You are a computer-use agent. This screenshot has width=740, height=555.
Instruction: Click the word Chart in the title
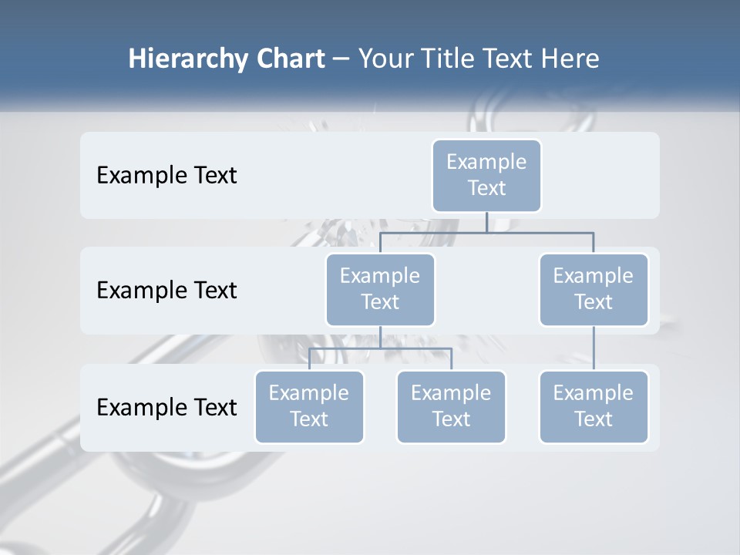pos(290,59)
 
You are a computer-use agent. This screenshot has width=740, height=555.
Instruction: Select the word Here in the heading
pos(570,59)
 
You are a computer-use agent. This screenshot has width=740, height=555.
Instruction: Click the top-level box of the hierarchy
pos(486,176)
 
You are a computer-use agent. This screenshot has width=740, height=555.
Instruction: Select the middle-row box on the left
pos(380,290)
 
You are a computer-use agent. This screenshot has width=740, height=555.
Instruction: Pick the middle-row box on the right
pos(594,290)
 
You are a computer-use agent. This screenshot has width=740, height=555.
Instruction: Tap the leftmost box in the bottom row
pos(309,407)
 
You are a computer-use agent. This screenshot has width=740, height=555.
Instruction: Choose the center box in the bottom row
pos(451,407)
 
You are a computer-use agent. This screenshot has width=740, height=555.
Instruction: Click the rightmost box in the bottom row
pos(594,407)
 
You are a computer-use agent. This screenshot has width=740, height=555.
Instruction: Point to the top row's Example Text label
pos(166,176)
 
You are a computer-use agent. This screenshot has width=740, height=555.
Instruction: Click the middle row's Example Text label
pos(166,291)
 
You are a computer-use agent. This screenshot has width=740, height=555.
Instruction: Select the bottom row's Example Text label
pos(166,407)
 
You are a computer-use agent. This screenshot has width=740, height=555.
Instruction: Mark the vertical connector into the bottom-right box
pos(594,348)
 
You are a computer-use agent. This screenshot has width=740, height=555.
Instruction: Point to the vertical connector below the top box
pos(486,222)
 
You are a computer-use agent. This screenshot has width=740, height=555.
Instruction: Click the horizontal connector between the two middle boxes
pos(486,232)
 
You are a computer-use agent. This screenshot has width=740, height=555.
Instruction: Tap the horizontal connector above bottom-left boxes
pos(380,348)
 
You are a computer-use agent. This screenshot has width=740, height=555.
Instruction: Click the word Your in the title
pos(385,59)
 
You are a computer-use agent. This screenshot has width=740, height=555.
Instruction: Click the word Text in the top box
pos(486,188)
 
